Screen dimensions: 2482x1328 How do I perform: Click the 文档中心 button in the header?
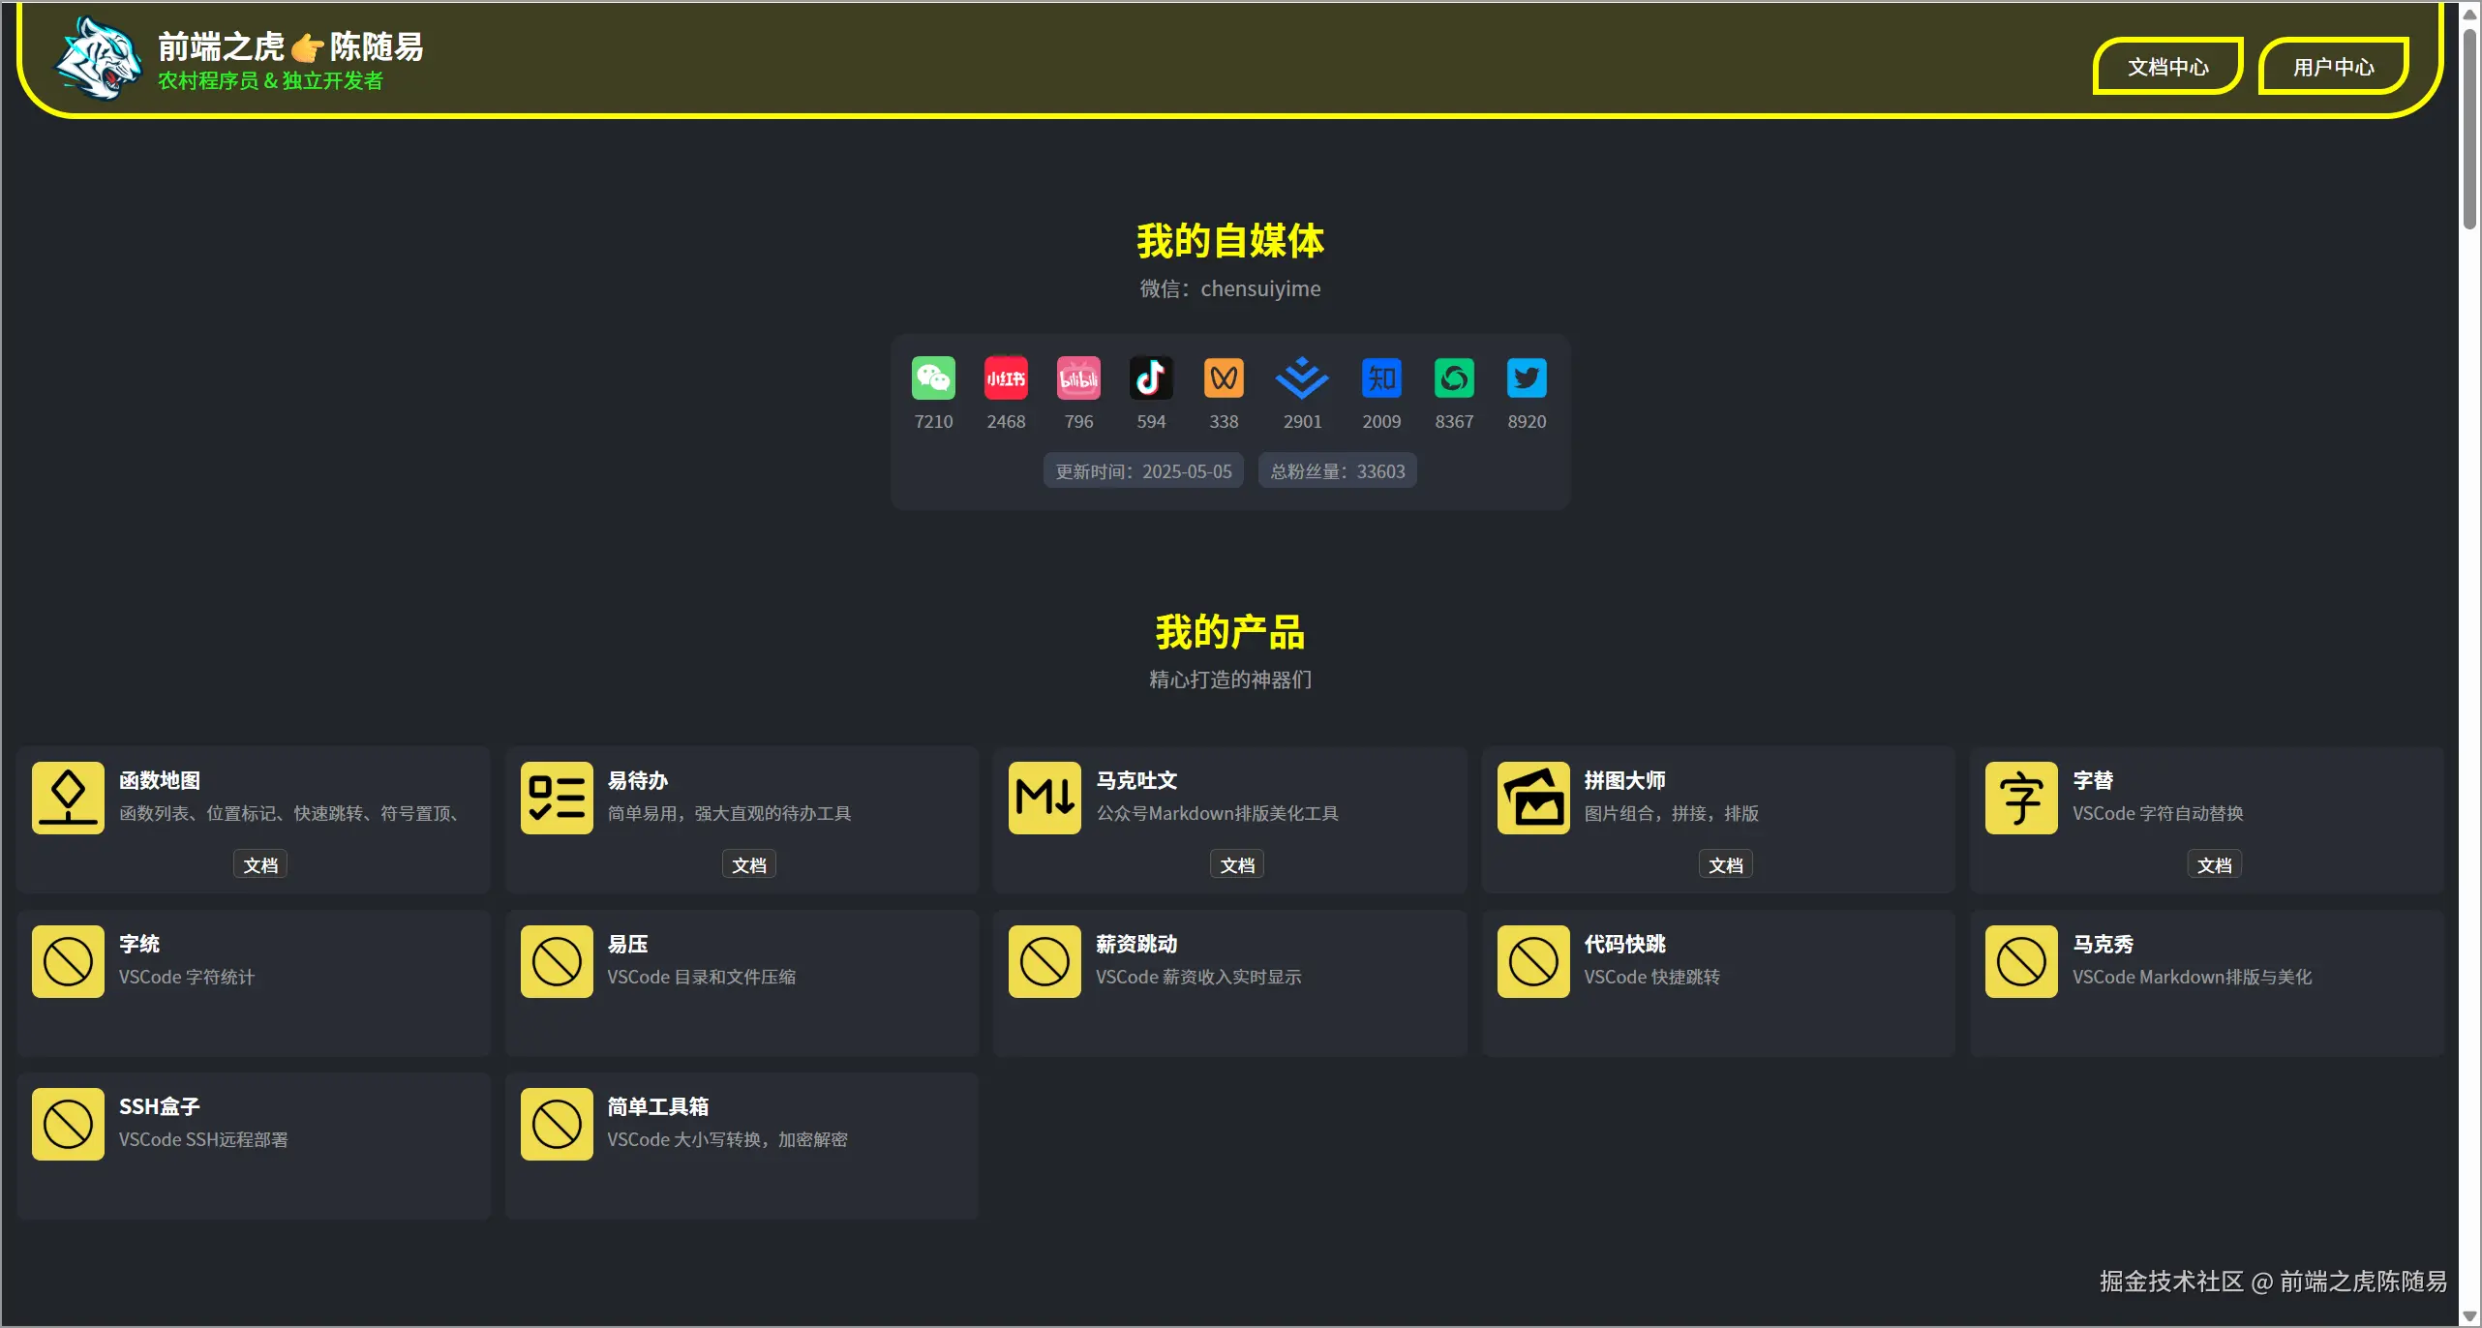point(2167,67)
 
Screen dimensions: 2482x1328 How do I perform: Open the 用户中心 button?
point(2333,67)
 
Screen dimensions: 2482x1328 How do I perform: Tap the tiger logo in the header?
point(98,58)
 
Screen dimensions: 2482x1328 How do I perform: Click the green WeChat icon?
point(933,377)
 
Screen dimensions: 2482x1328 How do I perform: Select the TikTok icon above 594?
point(1151,377)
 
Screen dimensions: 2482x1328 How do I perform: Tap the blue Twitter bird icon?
point(1527,377)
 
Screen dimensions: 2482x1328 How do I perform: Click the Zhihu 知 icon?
point(1381,377)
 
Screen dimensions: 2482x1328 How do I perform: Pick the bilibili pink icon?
point(1078,377)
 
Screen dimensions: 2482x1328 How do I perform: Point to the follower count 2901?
point(1302,422)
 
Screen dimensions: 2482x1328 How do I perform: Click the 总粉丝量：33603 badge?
point(1337,471)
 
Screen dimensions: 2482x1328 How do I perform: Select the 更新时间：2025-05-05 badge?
point(1143,471)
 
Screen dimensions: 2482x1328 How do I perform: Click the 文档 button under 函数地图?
point(260,864)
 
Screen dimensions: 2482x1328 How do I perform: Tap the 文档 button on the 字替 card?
point(2214,864)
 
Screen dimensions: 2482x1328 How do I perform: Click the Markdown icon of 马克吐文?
point(1044,798)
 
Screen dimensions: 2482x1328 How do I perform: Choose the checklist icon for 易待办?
point(557,798)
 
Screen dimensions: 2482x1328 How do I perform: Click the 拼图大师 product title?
point(1624,780)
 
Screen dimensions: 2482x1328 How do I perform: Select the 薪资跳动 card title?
point(1136,944)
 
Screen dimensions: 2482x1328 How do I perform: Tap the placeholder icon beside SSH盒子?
point(68,1124)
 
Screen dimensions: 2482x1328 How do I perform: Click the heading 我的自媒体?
point(1229,241)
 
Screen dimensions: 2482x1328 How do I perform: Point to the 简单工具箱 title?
point(658,1106)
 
